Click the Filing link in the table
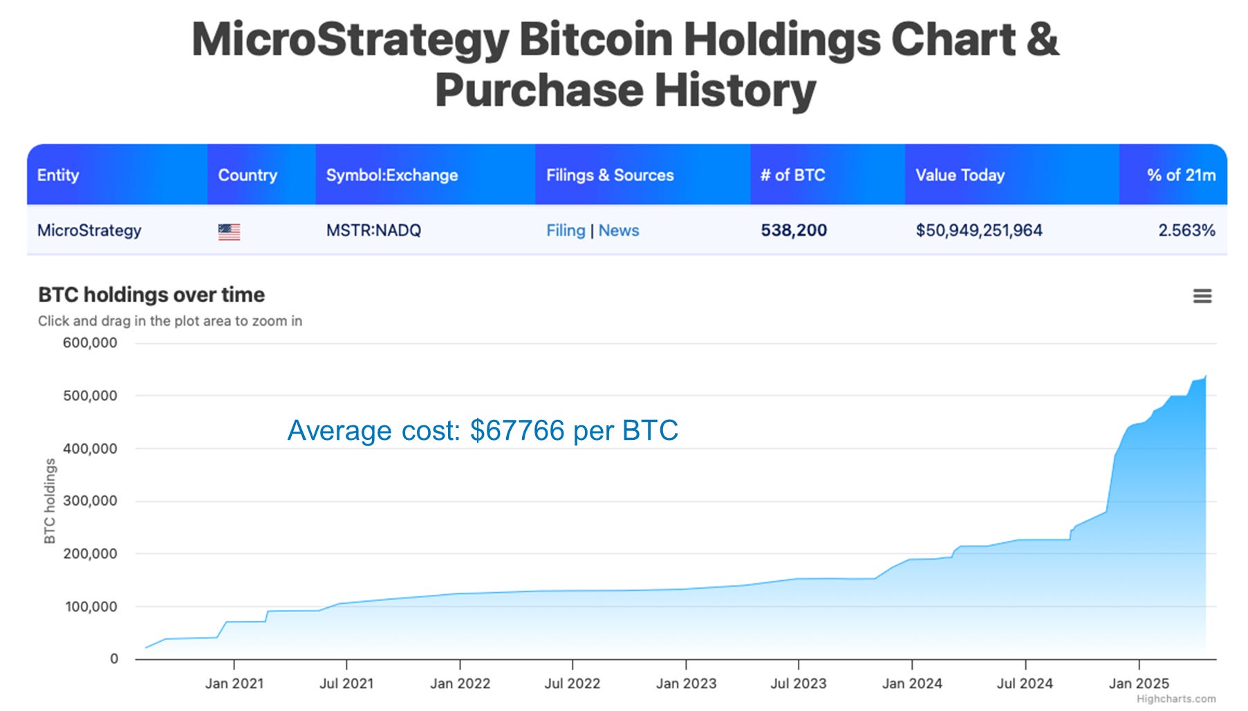(x=565, y=230)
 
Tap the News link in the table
(x=619, y=230)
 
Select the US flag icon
(x=229, y=232)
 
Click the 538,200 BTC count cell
(x=794, y=230)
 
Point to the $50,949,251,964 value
(x=978, y=230)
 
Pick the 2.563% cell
(x=1186, y=230)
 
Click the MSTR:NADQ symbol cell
(x=373, y=230)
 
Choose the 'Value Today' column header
(x=960, y=175)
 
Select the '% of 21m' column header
(x=1181, y=175)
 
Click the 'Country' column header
(x=248, y=175)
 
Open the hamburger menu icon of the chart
(x=1202, y=296)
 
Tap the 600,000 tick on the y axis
(x=90, y=342)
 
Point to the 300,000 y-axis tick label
(x=90, y=501)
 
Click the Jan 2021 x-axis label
(x=234, y=683)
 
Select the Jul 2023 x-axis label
(x=799, y=683)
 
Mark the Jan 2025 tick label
(x=1139, y=683)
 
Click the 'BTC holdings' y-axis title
(x=50, y=501)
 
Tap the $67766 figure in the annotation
(x=517, y=430)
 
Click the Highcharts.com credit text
(x=1175, y=699)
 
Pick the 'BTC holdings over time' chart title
(x=151, y=295)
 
